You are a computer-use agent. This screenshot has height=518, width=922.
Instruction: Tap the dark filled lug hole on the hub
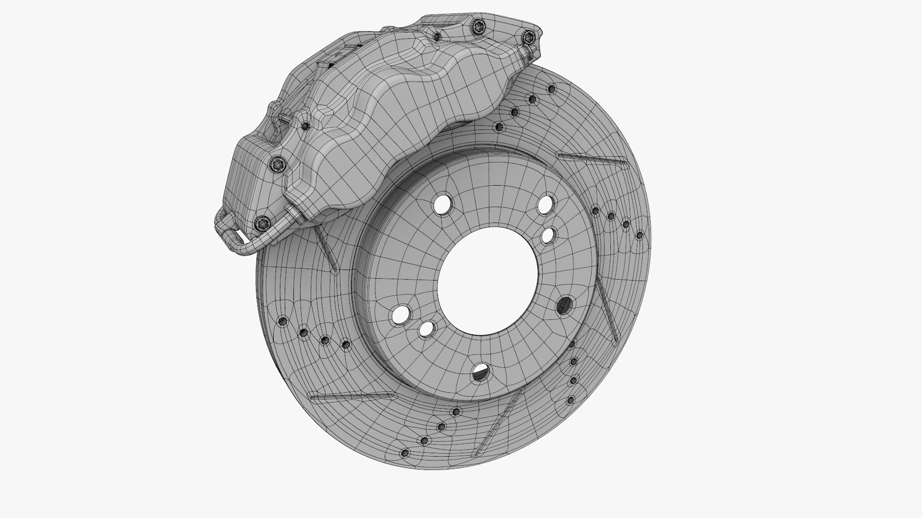tap(565, 305)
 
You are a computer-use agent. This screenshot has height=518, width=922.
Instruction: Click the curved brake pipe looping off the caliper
tap(250, 242)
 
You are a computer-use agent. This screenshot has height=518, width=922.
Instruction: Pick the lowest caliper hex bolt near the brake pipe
tap(261, 222)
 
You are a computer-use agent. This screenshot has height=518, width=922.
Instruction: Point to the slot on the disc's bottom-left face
tap(351, 396)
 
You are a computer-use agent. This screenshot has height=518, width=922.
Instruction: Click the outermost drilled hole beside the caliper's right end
tap(551, 89)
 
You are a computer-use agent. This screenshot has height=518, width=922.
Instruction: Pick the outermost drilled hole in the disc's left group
tap(282, 320)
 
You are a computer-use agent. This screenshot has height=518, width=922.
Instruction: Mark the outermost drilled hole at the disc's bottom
tap(405, 453)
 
